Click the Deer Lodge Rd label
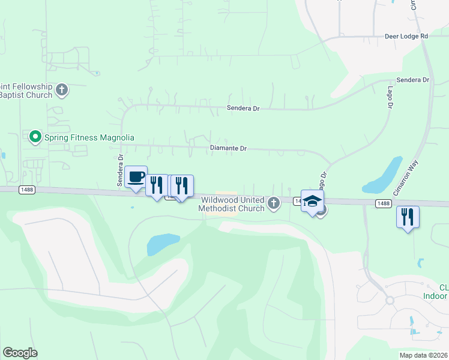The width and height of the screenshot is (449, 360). [x=406, y=36]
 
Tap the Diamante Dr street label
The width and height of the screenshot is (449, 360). [x=229, y=148]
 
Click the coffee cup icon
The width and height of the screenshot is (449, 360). [x=136, y=177]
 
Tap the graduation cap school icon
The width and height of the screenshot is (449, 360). [x=312, y=201]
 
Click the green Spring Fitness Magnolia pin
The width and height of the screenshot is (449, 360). [x=35, y=137]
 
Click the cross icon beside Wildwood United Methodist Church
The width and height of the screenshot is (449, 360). [x=274, y=204]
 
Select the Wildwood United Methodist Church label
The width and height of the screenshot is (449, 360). [x=232, y=204]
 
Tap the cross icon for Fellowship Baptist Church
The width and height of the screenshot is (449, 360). [x=62, y=91]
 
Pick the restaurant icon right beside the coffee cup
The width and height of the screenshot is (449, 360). [x=156, y=185]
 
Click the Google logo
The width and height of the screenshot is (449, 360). [x=20, y=353]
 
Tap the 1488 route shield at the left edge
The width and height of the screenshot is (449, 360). [x=27, y=190]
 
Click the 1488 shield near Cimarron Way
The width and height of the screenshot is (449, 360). [x=384, y=203]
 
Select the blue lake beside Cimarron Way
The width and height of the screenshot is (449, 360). [x=386, y=174]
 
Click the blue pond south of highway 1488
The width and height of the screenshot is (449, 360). [x=163, y=244]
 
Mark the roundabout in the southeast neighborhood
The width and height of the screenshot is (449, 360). [x=390, y=300]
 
